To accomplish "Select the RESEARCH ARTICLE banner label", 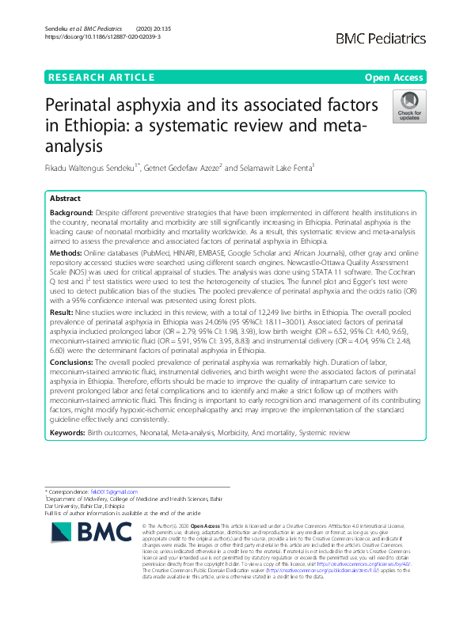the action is click(x=101, y=77).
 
